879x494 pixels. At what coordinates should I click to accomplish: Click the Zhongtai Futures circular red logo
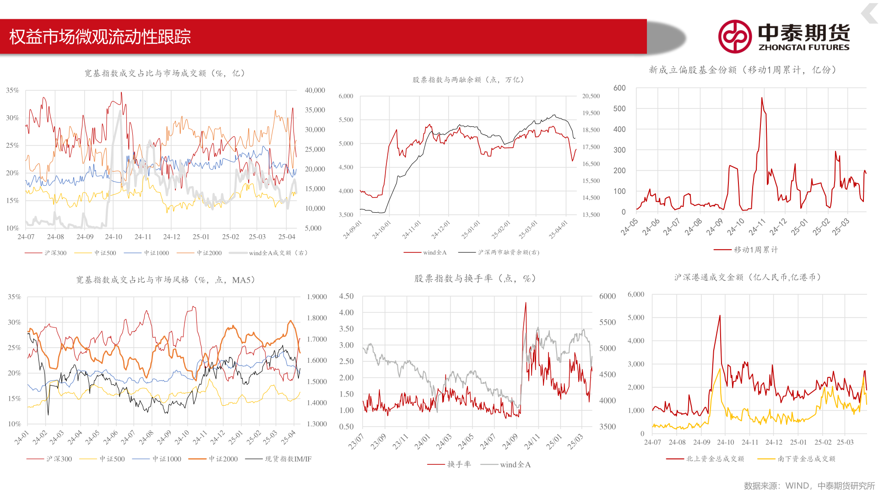(x=735, y=37)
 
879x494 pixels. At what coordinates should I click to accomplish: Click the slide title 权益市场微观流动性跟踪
(x=100, y=37)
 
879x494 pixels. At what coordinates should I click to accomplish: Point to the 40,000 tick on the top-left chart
(x=315, y=91)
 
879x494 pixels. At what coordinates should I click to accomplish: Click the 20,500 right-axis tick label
(x=591, y=96)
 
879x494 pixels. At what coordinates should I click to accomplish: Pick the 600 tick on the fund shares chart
(x=619, y=88)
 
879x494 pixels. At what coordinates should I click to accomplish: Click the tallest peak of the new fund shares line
(x=762, y=97)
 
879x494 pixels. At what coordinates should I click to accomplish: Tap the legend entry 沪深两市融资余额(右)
(x=508, y=252)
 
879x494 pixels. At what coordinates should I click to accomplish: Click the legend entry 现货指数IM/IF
(x=288, y=459)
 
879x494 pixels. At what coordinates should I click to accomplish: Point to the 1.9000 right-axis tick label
(x=317, y=297)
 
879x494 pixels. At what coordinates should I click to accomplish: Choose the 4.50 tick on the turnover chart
(x=347, y=296)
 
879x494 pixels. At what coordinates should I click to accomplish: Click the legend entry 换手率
(x=459, y=465)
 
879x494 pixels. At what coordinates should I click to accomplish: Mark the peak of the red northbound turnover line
(x=720, y=316)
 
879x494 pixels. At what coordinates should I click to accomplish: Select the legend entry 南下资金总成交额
(x=806, y=459)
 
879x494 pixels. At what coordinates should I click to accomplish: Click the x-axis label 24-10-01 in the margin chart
(x=382, y=230)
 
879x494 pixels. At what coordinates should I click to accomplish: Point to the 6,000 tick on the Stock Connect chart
(x=636, y=295)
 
